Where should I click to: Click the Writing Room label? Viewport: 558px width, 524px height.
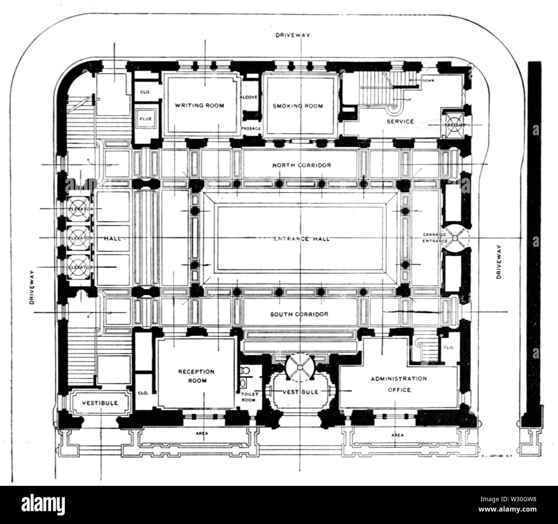click(199, 106)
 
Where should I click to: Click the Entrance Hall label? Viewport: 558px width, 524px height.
click(302, 239)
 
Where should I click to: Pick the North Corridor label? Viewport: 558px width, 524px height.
click(302, 165)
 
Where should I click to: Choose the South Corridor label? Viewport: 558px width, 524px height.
click(299, 314)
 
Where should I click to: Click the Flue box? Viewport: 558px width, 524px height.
click(145, 119)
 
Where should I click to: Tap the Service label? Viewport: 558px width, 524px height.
click(400, 121)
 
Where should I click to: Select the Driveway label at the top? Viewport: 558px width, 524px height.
click(292, 36)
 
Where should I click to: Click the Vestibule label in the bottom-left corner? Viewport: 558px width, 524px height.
click(100, 403)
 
